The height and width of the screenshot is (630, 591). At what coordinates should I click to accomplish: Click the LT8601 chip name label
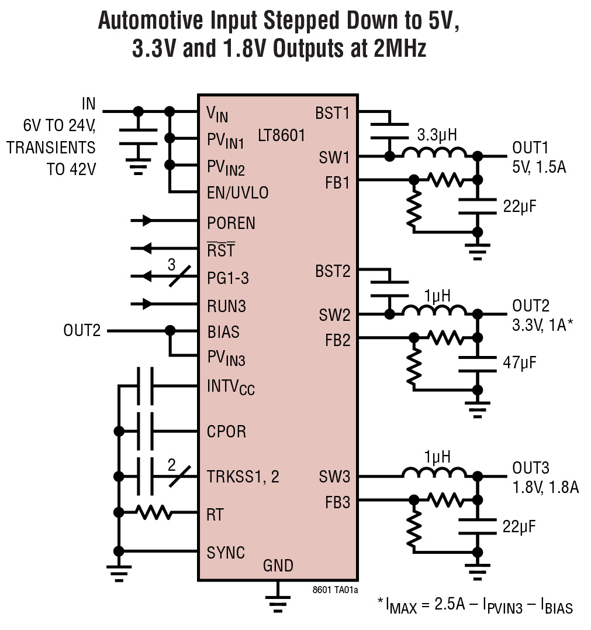pos(282,136)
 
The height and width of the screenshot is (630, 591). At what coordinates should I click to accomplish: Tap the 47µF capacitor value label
pos(520,364)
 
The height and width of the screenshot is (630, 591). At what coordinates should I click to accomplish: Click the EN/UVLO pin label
pos(238,193)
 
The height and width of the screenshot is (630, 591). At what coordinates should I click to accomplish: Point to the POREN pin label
pos(231,223)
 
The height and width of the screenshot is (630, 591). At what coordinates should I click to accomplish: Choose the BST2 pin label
pos(333,271)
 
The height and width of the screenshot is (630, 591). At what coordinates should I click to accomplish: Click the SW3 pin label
pos(334,477)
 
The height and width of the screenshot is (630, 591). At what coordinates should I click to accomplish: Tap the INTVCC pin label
pos(231,387)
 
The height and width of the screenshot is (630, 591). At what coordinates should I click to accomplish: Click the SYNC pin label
pos(226,552)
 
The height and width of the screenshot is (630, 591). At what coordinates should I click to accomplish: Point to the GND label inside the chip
pos(278,566)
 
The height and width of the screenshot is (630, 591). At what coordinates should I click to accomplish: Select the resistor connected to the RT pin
pos(154,513)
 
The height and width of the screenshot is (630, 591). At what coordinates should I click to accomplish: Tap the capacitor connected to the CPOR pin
pos(145,432)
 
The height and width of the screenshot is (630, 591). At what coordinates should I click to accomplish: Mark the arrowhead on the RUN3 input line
pos(147,304)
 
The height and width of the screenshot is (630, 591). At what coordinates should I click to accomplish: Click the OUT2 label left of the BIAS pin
pos(82,331)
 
